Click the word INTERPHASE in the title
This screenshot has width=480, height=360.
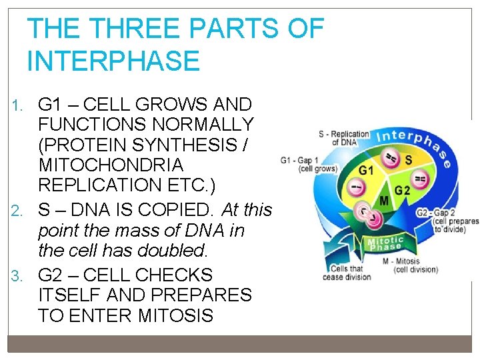click(113, 61)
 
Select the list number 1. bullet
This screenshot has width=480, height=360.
click(21, 105)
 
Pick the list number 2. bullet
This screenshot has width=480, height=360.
click(21, 211)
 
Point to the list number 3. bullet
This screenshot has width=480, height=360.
click(21, 275)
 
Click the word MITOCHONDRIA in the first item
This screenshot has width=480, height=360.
click(111, 164)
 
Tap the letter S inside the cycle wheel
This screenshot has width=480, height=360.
click(408, 161)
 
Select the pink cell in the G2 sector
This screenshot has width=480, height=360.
click(421, 179)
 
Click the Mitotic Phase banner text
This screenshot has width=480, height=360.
click(386, 243)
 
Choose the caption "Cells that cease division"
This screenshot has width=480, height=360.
click(346, 273)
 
